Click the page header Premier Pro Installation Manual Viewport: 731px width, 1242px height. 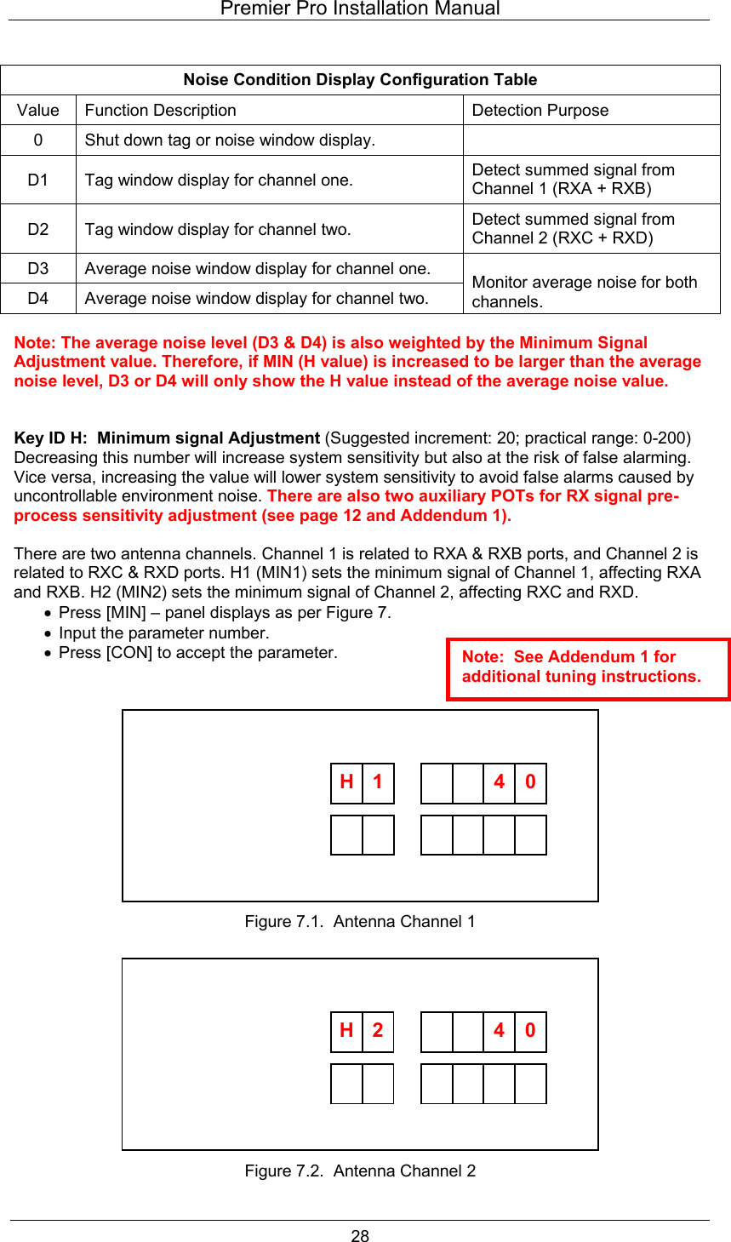(360, 9)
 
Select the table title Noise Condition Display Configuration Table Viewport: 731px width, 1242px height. (360, 80)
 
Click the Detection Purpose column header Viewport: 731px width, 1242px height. (540, 111)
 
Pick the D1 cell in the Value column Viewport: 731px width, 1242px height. (38, 180)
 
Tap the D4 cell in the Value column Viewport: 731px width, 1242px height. (38, 298)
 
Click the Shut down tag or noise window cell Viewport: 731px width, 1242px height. (230, 140)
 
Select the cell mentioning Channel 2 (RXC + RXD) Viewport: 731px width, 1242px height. (573, 229)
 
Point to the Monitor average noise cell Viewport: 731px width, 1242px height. (584, 291)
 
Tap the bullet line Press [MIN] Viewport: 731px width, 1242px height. (225, 613)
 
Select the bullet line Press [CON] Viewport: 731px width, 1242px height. (197, 653)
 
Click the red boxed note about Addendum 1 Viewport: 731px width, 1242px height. (587, 667)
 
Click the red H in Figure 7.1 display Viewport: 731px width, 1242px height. (346, 782)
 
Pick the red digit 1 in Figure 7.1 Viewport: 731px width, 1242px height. (378, 782)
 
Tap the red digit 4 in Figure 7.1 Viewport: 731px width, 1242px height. (500, 782)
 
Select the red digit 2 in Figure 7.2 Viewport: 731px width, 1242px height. (378, 1031)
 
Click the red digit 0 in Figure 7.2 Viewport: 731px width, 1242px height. (530, 1031)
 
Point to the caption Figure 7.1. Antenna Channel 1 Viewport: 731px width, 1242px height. (360, 922)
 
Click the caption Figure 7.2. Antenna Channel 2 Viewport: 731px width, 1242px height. (360, 1171)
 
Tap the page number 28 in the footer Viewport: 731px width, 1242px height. (360, 1236)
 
